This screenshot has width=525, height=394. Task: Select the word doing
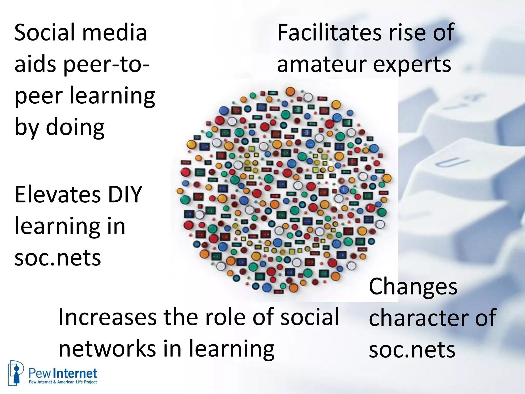pos(75,127)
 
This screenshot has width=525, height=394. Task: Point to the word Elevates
pos(57,194)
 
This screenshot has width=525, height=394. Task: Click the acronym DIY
pos(125,194)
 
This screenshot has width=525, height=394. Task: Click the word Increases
pos(107,318)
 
